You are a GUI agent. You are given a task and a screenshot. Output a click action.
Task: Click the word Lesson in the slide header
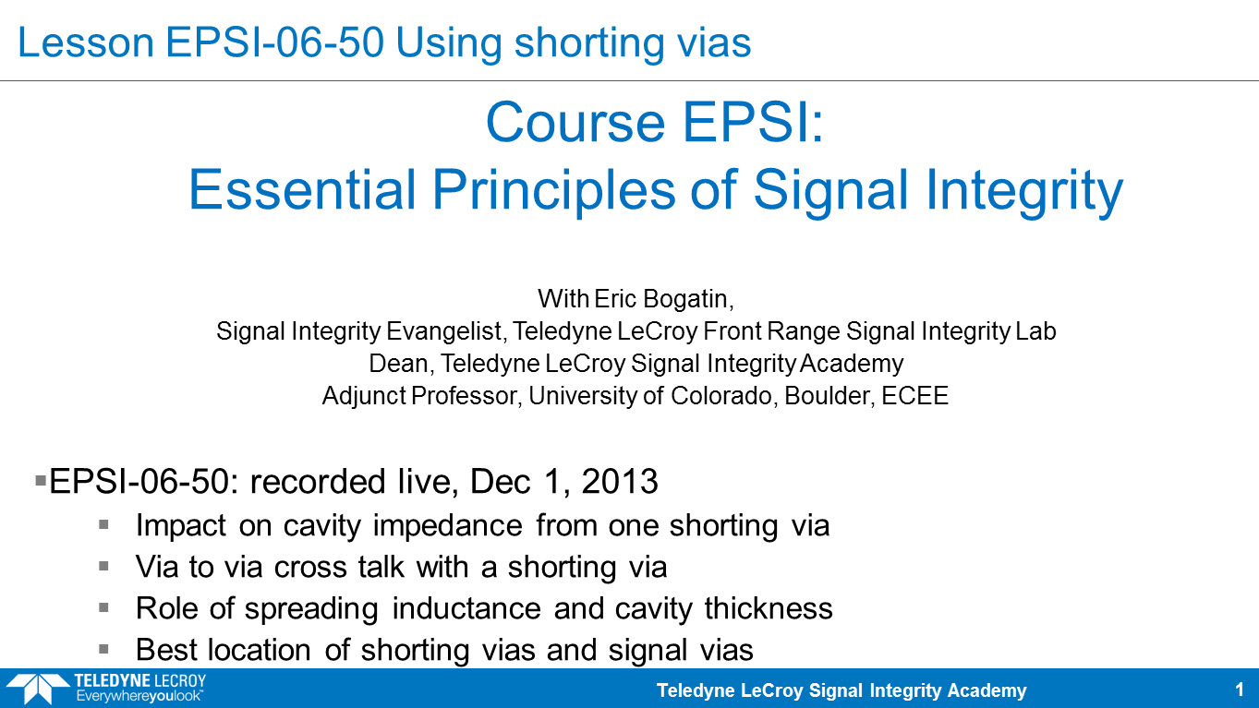(86, 42)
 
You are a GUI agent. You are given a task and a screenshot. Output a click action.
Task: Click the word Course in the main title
(575, 123)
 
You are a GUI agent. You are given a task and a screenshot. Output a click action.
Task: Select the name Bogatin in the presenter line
(688, 299)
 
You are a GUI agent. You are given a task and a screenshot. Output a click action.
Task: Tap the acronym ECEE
(914, 396)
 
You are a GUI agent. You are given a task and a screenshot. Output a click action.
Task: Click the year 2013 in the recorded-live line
(620, 482)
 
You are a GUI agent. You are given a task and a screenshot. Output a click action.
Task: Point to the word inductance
(466, 608)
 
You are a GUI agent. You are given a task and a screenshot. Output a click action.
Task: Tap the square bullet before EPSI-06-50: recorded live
(41, 481)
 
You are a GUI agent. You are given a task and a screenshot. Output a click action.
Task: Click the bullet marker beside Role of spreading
(103, 607)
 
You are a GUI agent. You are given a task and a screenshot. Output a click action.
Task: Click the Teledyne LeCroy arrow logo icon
(38, 689)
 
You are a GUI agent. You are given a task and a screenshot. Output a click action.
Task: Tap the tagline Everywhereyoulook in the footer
(139, 697)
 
